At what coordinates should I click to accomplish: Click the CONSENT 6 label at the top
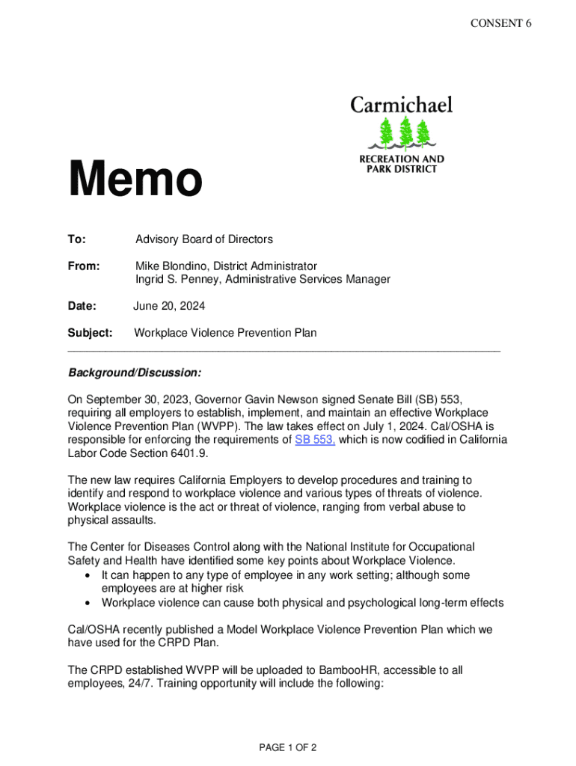(501, 23)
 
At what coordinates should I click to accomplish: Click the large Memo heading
(135, 180)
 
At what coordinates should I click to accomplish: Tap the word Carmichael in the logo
(402, 105)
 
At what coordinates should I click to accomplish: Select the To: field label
(77, 239)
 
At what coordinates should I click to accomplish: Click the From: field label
(83, 266)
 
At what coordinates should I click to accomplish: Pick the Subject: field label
(90, 333)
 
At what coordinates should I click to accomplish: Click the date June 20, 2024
(169, 306)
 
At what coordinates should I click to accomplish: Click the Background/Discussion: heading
(135, 372)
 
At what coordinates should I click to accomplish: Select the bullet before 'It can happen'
(89, 575)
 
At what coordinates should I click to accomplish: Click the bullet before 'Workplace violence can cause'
(89, 603)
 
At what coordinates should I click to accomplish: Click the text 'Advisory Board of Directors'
(204, 239)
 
